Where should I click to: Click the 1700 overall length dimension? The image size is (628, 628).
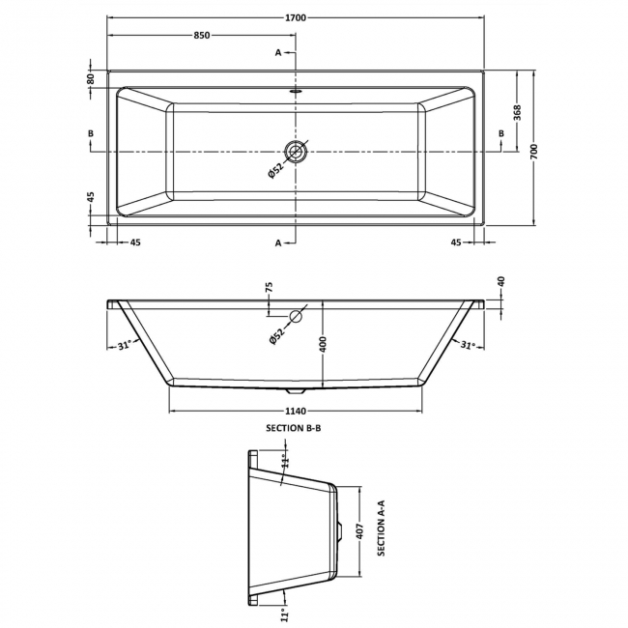click(296, 17)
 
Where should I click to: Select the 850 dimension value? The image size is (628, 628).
click(202, 35)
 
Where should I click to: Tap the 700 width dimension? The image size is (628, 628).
click(534, 151)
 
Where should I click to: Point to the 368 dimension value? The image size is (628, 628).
click(517, 112)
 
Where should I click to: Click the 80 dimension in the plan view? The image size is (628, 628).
click(91, 78)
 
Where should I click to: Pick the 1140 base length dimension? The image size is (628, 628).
click(296, 411)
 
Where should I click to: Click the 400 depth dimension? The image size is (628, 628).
click(324, 345)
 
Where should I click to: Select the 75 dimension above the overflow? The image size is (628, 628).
click(269, 287)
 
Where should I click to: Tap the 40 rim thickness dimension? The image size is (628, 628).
click(501, 281)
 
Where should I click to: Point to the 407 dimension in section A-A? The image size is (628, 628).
click(359, 531)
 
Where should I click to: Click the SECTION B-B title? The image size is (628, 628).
click(294, 428)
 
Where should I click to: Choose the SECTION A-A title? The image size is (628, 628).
click(381, 528)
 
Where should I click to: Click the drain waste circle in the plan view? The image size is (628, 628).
click(296, 152)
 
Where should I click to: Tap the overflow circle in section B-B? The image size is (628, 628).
click(296, 316)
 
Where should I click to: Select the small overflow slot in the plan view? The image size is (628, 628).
click(296, 91)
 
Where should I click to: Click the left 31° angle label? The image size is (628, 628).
click(125, 345)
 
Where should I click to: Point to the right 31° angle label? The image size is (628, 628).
click(467, 344)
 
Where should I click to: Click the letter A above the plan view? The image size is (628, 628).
click(278, 52)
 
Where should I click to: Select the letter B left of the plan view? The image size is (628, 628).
click(91, 133)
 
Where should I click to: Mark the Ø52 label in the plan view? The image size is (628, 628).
click(275, 170)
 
